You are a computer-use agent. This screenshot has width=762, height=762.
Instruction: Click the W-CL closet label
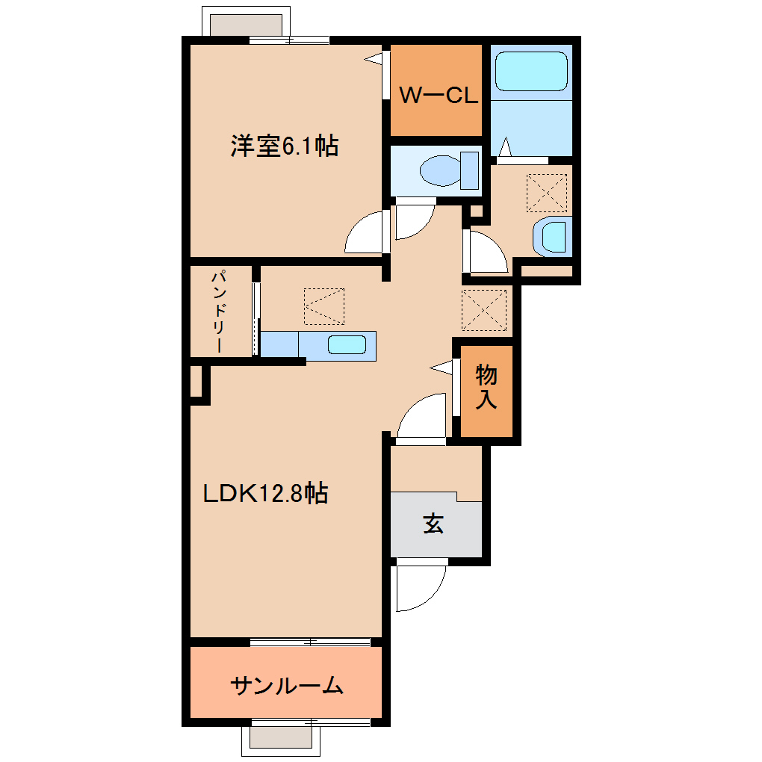pyautogui.click(x=437, y=95)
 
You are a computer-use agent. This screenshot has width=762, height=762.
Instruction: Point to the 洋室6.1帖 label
pyautogui.click(x=284, y=146)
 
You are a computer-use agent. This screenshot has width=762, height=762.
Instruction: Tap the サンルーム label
pyautogui.click(x=287, y=685)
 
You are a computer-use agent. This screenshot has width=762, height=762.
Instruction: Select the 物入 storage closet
pyautogui.click(x=486, y=388)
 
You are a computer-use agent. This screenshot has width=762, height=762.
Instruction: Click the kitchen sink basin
pyautogui.click(x=347, y=344)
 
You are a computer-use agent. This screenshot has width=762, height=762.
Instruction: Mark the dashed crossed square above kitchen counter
pyautogui.click(x=325, y=306)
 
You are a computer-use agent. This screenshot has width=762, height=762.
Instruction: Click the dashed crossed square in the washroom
pyautogui.click(x=548, y=193)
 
